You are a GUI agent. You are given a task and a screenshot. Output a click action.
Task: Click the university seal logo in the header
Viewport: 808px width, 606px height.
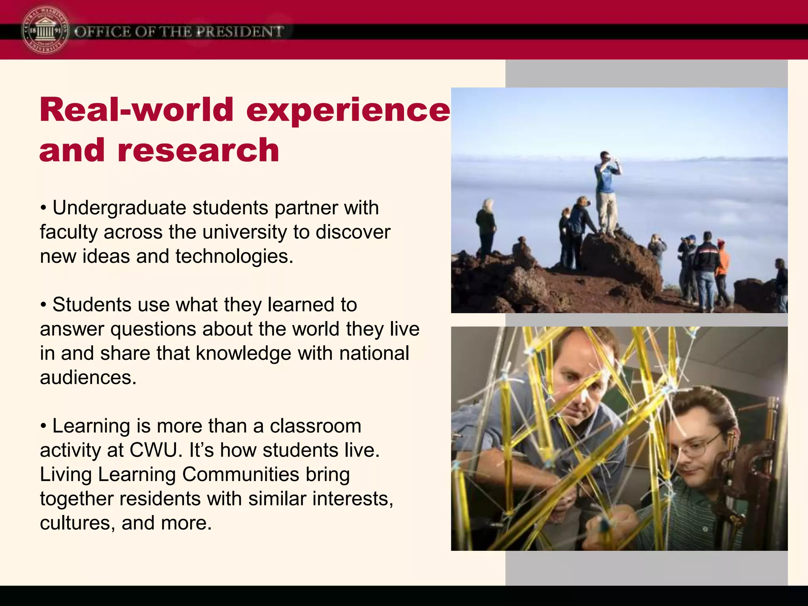click(45, 31)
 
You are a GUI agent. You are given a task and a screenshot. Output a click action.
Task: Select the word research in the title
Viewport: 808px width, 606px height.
click(198, 150)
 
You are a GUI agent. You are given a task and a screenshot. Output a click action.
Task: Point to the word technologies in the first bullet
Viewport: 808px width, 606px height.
click(234, 256)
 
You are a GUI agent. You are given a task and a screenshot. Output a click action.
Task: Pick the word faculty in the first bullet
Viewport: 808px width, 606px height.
click(69, 232)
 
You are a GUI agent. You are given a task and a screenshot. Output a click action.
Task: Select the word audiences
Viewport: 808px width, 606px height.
click(88, 378)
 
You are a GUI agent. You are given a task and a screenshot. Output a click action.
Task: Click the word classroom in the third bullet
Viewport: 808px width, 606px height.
click(315, 426)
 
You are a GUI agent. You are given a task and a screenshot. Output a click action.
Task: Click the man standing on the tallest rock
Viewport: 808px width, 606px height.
click(607, 189)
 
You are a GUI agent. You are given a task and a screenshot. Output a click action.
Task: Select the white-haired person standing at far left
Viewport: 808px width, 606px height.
click(486, 229)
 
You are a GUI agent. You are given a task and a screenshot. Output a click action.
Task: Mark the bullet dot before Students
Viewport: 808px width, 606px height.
click(44, 305)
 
